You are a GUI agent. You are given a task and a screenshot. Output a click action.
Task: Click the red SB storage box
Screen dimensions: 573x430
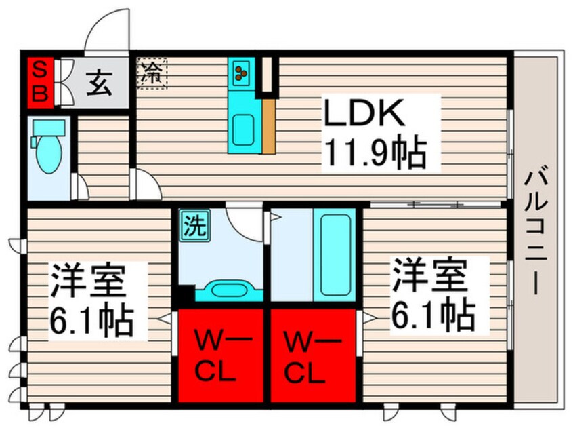pyautogui.click(x=41, y=82)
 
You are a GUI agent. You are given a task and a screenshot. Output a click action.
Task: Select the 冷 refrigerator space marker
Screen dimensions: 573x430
pyautogui.click(x=152, y=73)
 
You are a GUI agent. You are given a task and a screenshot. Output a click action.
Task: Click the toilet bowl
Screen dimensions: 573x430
pyautogui.click(x=49, y=154)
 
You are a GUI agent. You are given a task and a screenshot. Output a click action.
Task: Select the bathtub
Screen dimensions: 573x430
pyautogui.click(x=335, y=255)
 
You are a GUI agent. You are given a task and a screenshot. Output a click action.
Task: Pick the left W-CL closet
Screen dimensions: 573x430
pyautogui.click(x=221, y=355)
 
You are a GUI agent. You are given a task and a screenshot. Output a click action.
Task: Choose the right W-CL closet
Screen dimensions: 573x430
pyautogui.click(x=313, y=355)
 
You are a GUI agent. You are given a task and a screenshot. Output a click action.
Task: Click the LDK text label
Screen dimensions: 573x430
pyautogui.click(x=364, y=113)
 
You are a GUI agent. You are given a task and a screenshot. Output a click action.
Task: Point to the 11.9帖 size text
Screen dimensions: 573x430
pyautogui.click(x=375, y=153)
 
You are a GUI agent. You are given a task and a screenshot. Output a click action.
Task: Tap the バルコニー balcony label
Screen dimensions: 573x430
pyautogui.click(x=536, y=231)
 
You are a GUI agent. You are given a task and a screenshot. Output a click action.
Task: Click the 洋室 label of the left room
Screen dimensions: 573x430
pyautogui.click(x=88, y=281)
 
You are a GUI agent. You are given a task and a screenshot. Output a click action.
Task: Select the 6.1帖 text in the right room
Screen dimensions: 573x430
pyautogui.click(x=433, y=315)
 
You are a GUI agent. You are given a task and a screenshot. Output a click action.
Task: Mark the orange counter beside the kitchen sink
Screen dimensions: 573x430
pyautogui.click(x=269, y=126)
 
